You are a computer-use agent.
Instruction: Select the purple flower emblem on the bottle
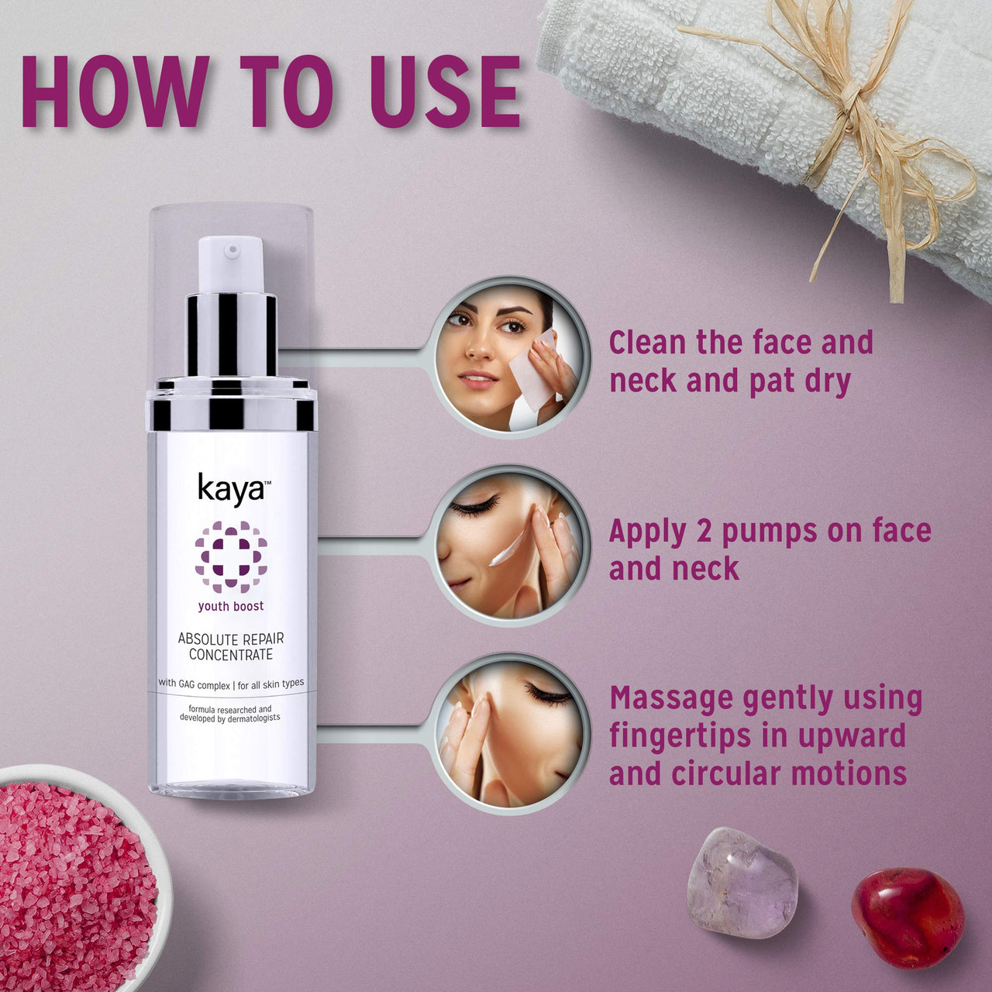tap(231, 556)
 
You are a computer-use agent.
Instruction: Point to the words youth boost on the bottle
tap(231, 606)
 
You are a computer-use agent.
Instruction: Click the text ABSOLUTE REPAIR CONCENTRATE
tap(231, 647)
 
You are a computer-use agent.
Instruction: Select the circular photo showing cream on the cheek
tap(510, 543)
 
